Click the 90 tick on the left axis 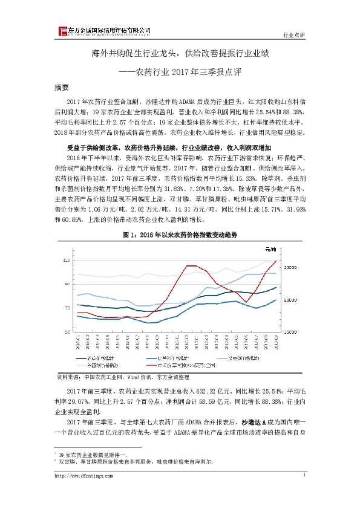click(x=67, y=284)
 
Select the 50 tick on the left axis click(x=67, y=332)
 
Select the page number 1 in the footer click(x=303, y=475)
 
